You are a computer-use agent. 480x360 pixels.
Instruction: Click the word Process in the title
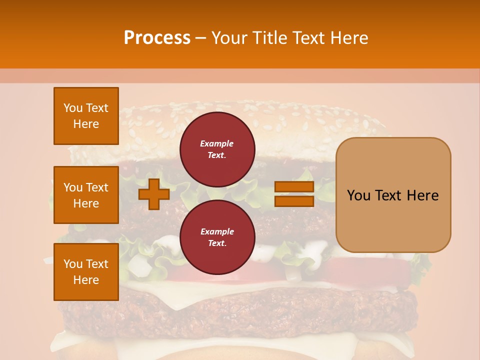(157, 38)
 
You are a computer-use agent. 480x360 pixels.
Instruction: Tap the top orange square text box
(86, 116)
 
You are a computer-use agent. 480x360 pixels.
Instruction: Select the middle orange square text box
(86, 195)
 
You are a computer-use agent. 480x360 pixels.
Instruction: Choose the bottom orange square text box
(86, 272)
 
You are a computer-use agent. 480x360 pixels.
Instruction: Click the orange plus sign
(153, 194)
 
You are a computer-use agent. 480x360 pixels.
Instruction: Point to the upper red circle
(217, 149)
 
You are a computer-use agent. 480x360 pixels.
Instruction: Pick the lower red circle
(217, 237)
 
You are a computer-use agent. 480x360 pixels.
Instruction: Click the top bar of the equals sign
(294, 187)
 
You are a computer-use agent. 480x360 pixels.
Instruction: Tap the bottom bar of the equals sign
(294, 201)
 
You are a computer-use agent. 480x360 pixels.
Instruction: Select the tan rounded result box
(393, 195)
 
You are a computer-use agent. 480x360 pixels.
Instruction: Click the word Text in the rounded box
(388, 195)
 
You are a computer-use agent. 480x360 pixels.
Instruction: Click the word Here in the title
(350, 38)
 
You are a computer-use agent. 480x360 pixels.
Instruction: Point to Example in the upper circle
(217, 143)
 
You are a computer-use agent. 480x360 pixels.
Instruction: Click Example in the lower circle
(217, 231)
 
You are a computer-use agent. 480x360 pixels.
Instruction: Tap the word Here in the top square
(86, 124)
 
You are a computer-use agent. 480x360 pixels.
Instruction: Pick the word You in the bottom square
(73, 264)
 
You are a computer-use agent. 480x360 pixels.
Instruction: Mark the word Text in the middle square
(97, 187)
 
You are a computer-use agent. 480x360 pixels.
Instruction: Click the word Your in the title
(231, 38)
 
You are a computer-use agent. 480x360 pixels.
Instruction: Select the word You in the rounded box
(358, 195)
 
